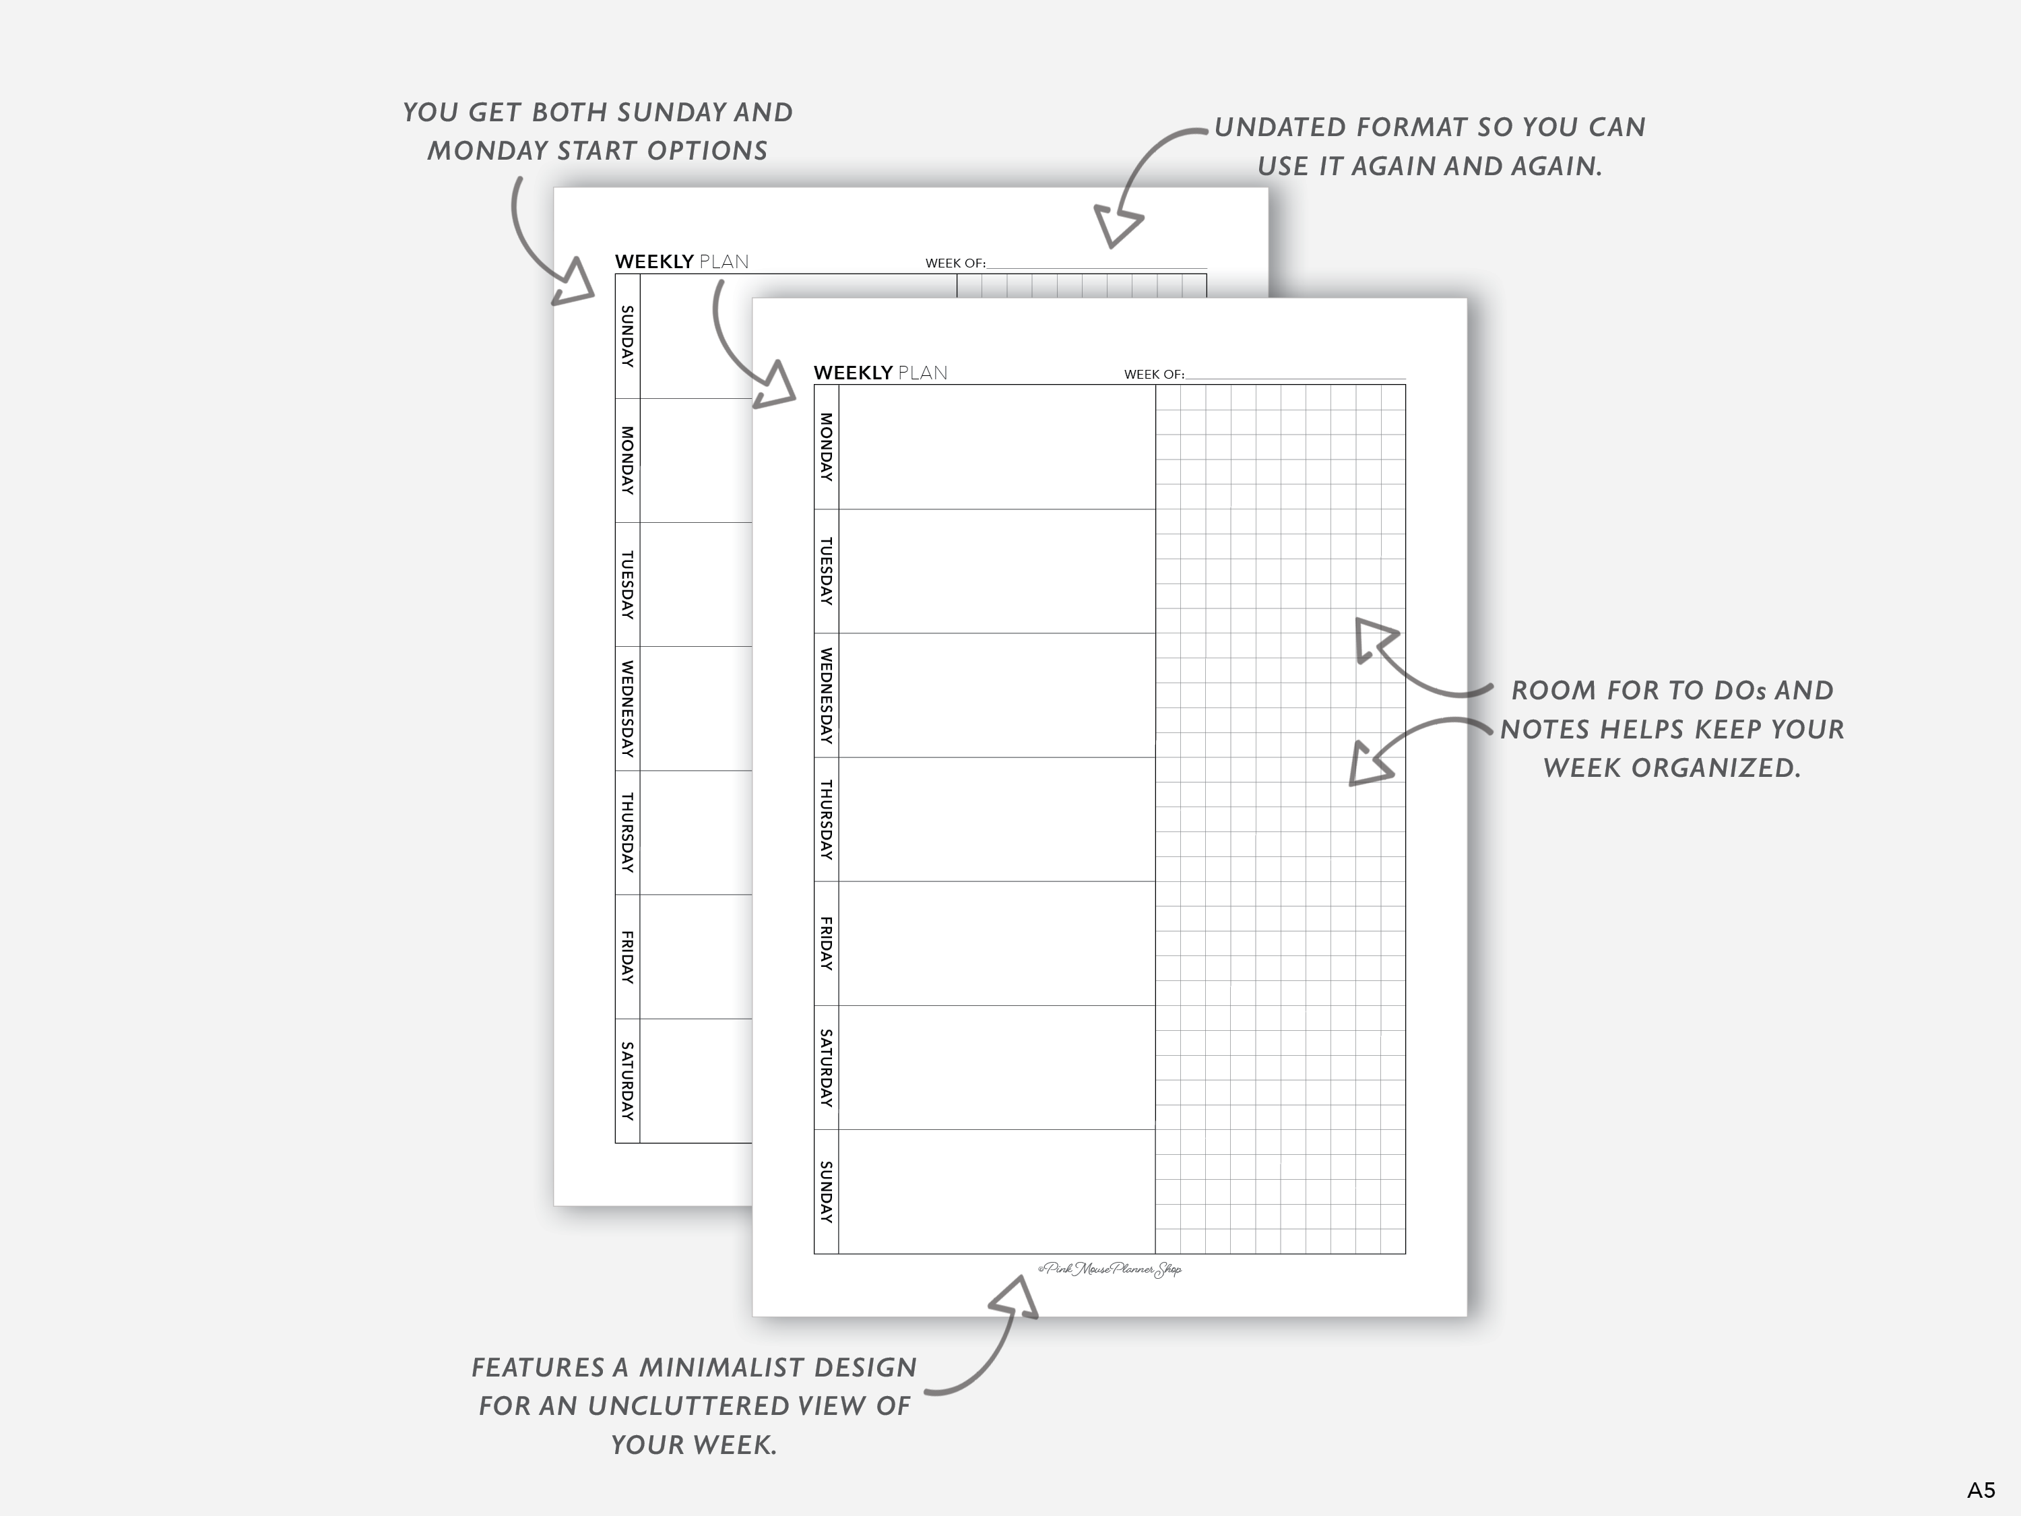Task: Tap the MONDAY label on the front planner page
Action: pos(826,447)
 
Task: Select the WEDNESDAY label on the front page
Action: pos(826,695)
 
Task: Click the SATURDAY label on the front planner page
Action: pos(826,1067)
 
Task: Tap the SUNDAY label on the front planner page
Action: pos(826,1192)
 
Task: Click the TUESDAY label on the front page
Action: pos(826,571)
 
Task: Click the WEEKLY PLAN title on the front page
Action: pos(880,373)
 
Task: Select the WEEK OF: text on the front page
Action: pos(1153,375)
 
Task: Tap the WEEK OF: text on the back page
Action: pos(955,263)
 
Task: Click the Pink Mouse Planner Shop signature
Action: pos(1110,1269)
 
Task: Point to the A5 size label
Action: pos(1981,1490)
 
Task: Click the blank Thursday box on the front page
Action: pos(996,820)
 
